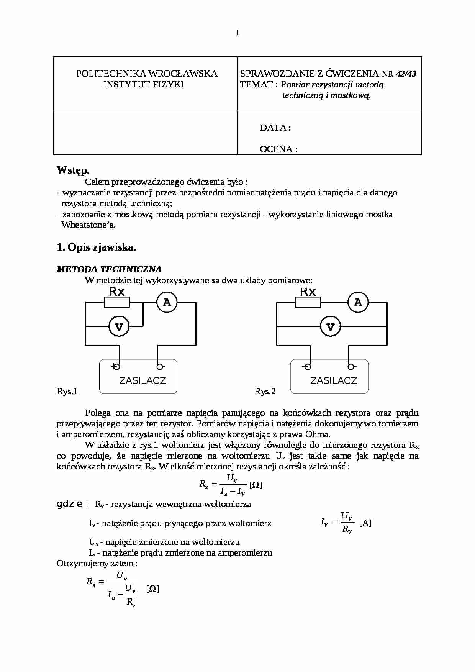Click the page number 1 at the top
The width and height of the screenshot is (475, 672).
coord(237,33)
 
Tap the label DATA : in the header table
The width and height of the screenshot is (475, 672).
coord(275,128)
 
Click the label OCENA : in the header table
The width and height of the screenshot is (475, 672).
coord(278,149)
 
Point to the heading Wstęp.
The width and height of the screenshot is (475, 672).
coord(73,170)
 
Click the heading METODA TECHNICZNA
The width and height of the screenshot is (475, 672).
coord(109,269)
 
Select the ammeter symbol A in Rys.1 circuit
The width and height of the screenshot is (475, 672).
coord(167,302)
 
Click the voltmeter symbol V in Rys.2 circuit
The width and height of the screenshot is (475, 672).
coord(330,327)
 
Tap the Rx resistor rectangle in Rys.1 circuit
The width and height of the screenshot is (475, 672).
coord(117,303)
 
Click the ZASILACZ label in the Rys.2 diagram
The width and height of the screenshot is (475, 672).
coord(333,380)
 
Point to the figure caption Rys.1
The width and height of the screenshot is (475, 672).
coord(67,391)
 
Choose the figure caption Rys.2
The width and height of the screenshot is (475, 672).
coord(265,391)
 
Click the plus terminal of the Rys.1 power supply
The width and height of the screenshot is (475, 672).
coord(116,367)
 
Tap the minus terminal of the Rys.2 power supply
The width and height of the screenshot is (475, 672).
coord(350,367)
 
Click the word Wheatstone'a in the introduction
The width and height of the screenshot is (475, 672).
coord(88,225)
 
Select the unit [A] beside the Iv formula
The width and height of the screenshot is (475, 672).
coord(365,523)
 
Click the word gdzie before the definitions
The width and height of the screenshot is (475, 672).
coord(69,504)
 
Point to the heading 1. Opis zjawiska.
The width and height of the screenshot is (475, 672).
coord(97,247)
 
